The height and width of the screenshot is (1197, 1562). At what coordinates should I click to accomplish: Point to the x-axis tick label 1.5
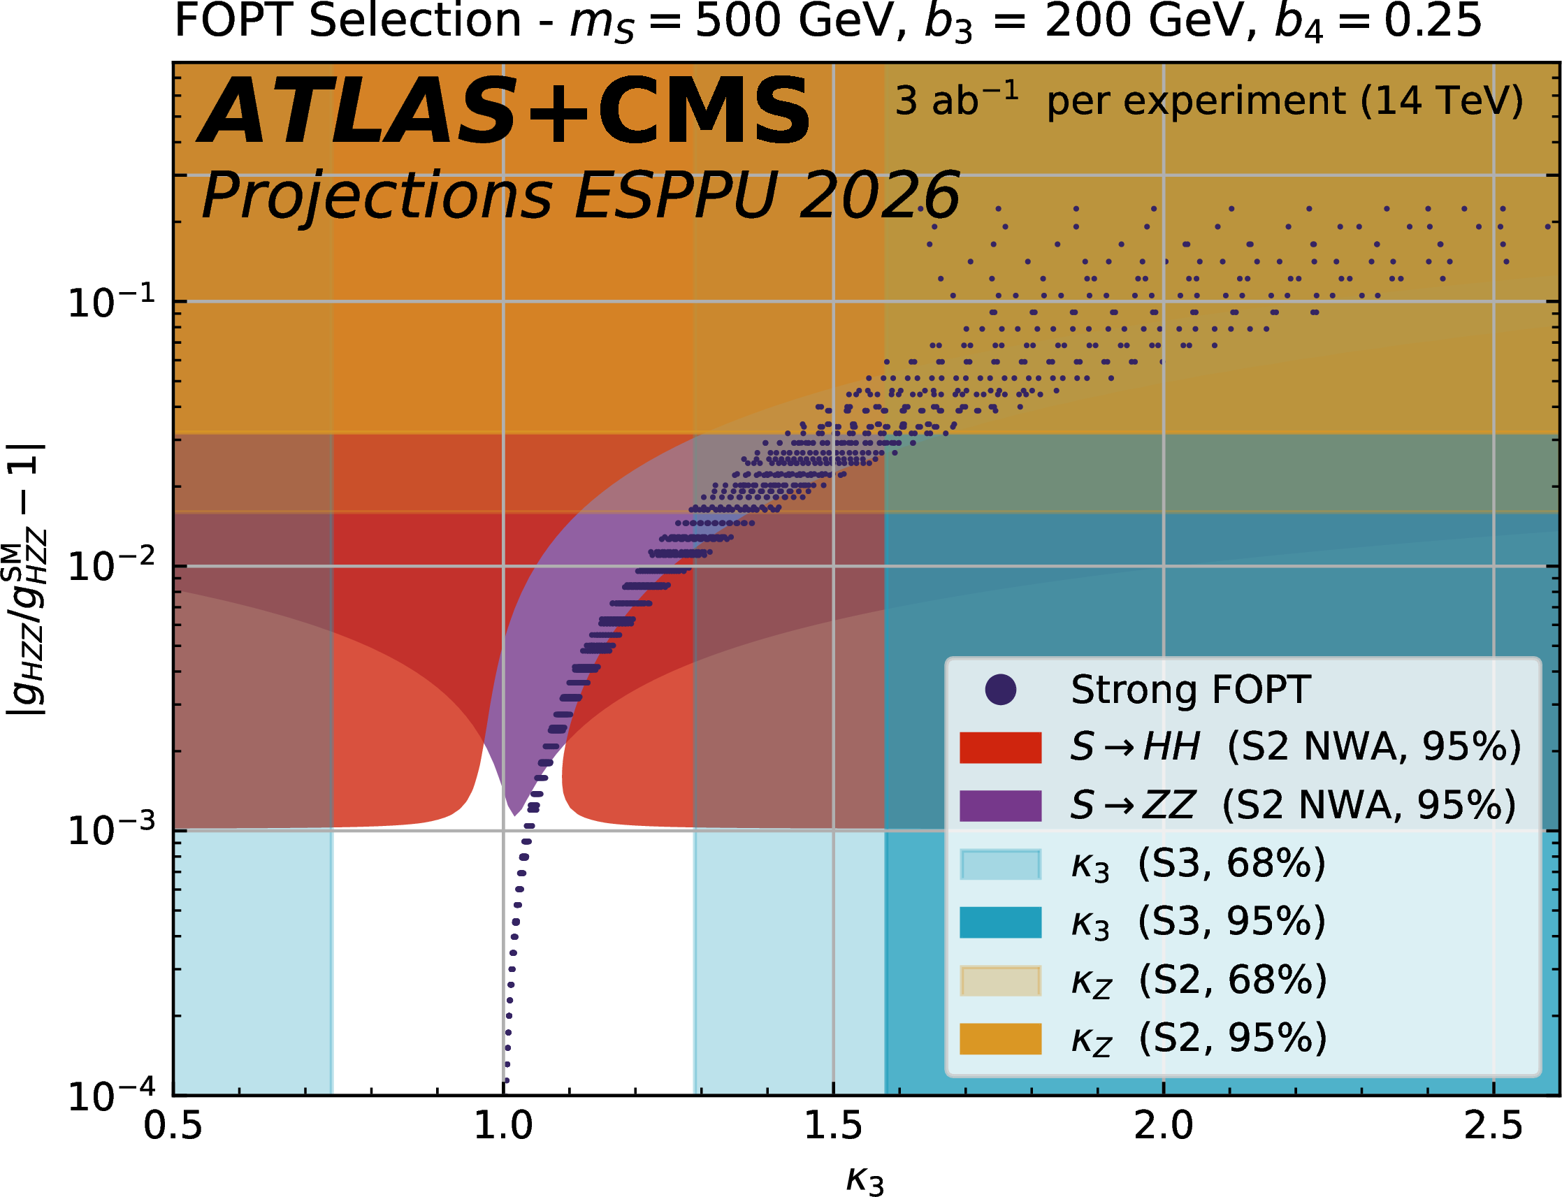[833, 1126]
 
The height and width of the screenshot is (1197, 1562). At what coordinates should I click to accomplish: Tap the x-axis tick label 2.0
[1163, 1126]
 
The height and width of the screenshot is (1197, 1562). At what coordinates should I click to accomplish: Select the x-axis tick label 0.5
[173, 1126]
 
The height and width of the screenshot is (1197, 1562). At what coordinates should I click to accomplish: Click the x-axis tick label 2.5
[1493, 1126]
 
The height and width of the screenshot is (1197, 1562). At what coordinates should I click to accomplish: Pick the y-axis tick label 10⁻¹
[111, 301]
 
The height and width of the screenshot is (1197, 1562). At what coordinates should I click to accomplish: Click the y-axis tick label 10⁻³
[111, 830]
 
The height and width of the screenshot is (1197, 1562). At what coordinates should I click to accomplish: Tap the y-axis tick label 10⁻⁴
[111, 1095]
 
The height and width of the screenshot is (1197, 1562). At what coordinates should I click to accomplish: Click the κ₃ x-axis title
[865, 1178]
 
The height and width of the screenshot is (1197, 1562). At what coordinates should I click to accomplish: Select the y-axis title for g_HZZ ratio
[27, 579]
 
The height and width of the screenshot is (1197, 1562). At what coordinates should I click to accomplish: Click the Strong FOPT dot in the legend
[1001, 690]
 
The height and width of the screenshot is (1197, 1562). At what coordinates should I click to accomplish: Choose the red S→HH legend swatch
[1001, 748]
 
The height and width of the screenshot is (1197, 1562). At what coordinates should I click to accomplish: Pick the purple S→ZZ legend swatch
[1001, 806]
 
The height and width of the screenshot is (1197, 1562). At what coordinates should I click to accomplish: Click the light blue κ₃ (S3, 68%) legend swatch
[1001, 864]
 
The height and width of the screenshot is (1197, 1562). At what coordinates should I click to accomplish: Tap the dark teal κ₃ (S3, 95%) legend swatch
[1001, 922]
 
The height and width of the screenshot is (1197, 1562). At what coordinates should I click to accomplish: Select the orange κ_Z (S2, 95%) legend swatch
[1001, 1039]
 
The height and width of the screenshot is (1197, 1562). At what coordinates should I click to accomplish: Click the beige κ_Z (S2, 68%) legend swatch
[1001, 980]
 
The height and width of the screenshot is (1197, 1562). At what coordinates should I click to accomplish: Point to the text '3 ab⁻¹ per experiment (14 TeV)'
[1208, 101]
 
